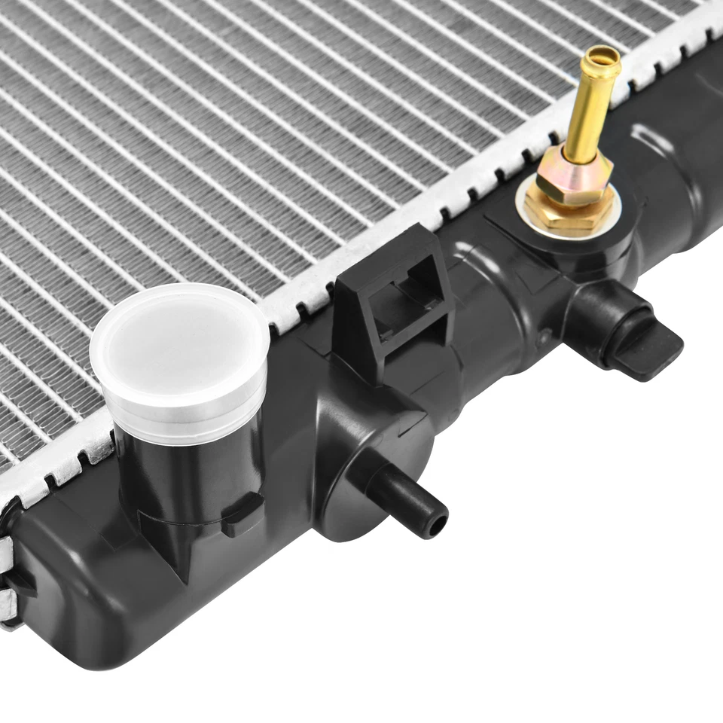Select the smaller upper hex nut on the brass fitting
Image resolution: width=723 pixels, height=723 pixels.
(572, 177)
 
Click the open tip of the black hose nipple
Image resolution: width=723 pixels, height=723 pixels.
(436, 523)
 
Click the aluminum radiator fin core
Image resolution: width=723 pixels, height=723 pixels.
(226, 151)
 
